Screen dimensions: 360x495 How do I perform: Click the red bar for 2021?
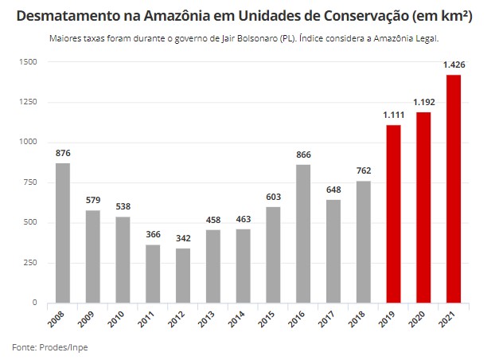454,189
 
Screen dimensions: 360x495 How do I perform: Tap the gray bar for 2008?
63,233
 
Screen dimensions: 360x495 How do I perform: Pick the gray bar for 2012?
183,276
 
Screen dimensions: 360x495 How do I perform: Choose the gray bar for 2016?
303,233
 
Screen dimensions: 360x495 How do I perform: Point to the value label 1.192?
423,103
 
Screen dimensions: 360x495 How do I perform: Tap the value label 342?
183,239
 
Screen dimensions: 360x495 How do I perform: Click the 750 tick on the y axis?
29,182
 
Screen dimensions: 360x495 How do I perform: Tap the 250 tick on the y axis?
29,263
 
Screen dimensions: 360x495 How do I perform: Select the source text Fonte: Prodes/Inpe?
45,347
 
